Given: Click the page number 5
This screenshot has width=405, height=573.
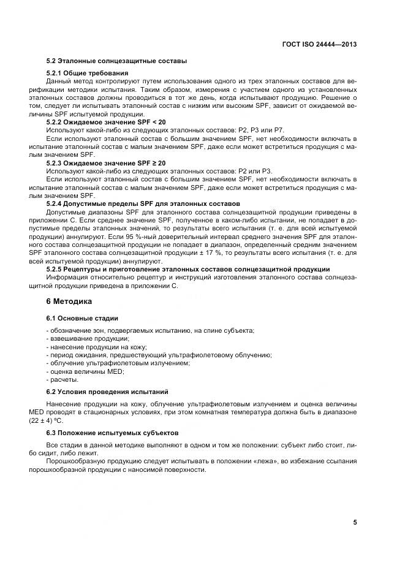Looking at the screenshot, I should pos(355,522).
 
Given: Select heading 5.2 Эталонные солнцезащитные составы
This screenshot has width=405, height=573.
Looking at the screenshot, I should pos(116,61).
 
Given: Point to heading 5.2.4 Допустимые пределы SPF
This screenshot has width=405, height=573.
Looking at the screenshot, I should pos(143,203).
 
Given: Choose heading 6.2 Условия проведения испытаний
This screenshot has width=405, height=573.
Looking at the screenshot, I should pos(107,391).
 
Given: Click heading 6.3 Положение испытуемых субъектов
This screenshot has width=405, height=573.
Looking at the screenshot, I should pos(112,432).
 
